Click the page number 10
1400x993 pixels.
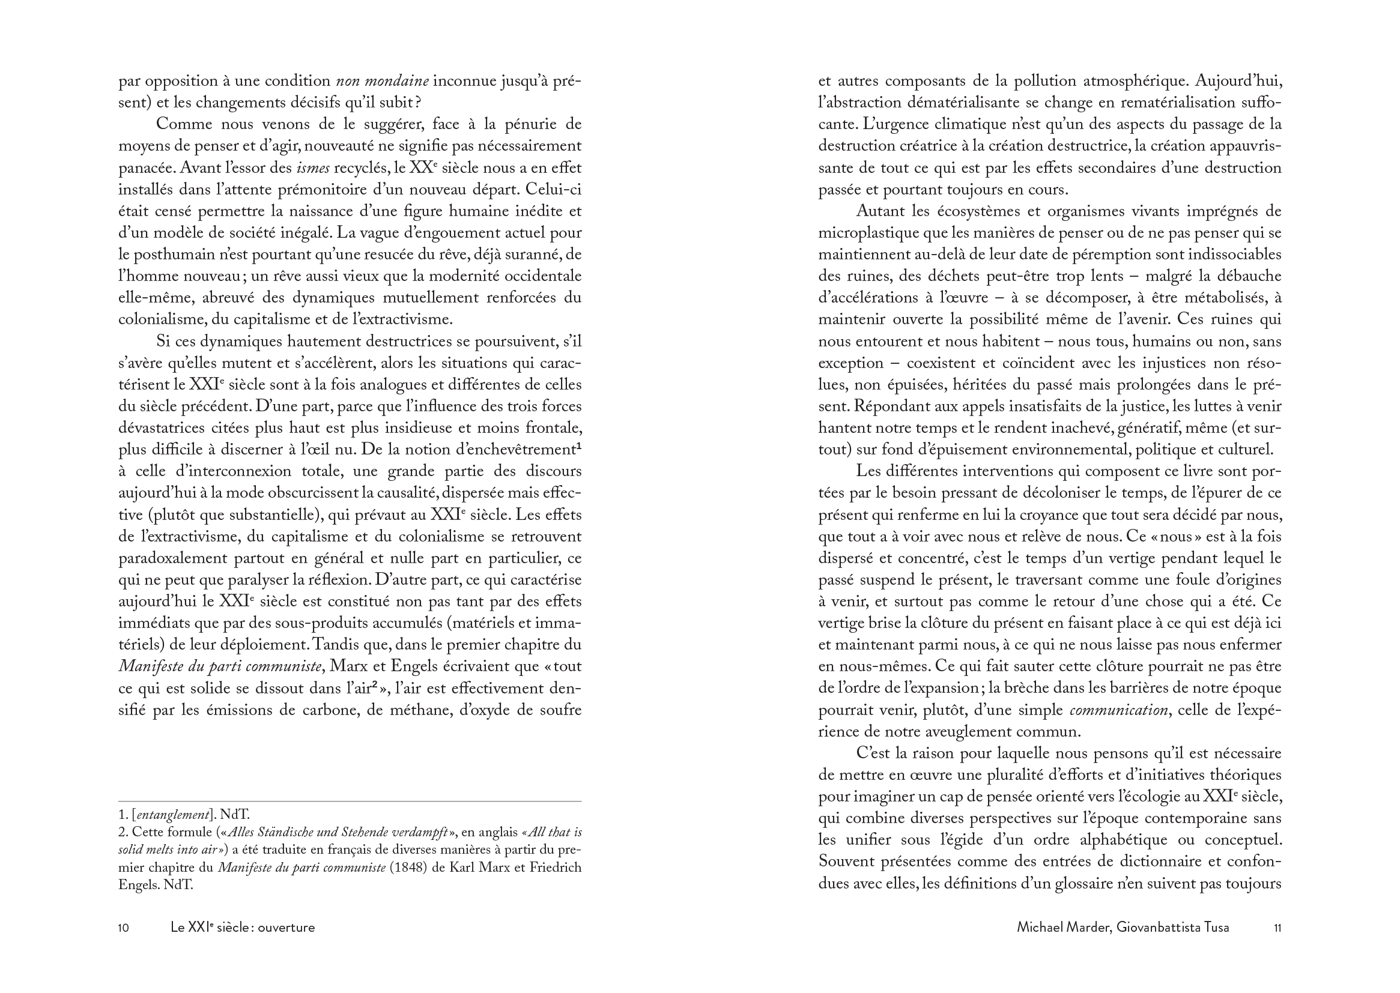124,928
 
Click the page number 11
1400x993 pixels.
1277,928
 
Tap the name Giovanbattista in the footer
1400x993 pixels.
1160,928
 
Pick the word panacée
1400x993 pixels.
144,168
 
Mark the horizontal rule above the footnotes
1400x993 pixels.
350,801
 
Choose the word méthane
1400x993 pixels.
393,710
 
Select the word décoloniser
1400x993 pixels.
1075,493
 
